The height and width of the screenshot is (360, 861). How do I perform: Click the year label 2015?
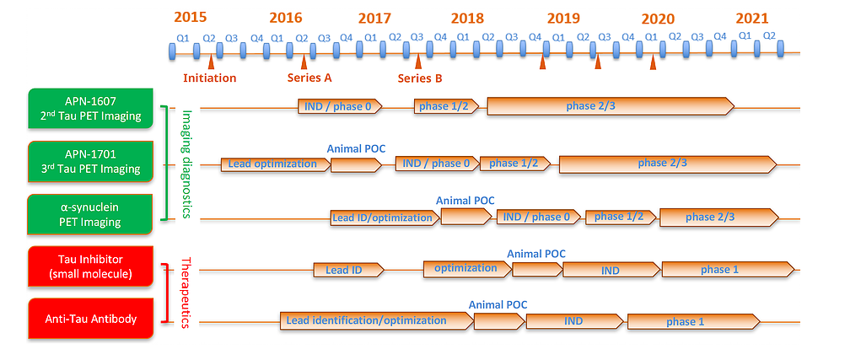pyautogui.click(x=190, y=18)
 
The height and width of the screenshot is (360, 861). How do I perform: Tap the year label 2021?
pyautogui.click(x=751, y=18)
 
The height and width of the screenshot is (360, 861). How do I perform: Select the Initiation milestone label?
pyautogui.click(x=209, y=78)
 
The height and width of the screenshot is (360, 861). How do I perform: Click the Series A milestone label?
pyautogui.click(x=309, y=78)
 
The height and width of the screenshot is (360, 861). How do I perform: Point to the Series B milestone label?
pyautogui.click(x=419, y=78)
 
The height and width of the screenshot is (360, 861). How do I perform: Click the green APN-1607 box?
pyautogui.click(x=90, y=109)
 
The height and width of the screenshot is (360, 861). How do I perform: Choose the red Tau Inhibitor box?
pyautogui.click(x=90, y=266)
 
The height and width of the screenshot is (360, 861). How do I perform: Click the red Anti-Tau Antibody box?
pyautogui.click(x=90, y=319)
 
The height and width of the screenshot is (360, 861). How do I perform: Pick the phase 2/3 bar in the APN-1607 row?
pyautogui.click(x=610, y=106)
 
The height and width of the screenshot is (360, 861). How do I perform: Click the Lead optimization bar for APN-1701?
pyautogui.click(x=273, y=164)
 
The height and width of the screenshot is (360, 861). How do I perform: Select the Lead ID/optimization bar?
pyautogui.click(x=383, y=218)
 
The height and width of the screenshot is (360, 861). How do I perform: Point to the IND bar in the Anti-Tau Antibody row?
pyautogui.click(x=573, y=321)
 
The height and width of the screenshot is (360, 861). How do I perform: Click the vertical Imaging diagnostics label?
pyautogui.click(x=188, y=163)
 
